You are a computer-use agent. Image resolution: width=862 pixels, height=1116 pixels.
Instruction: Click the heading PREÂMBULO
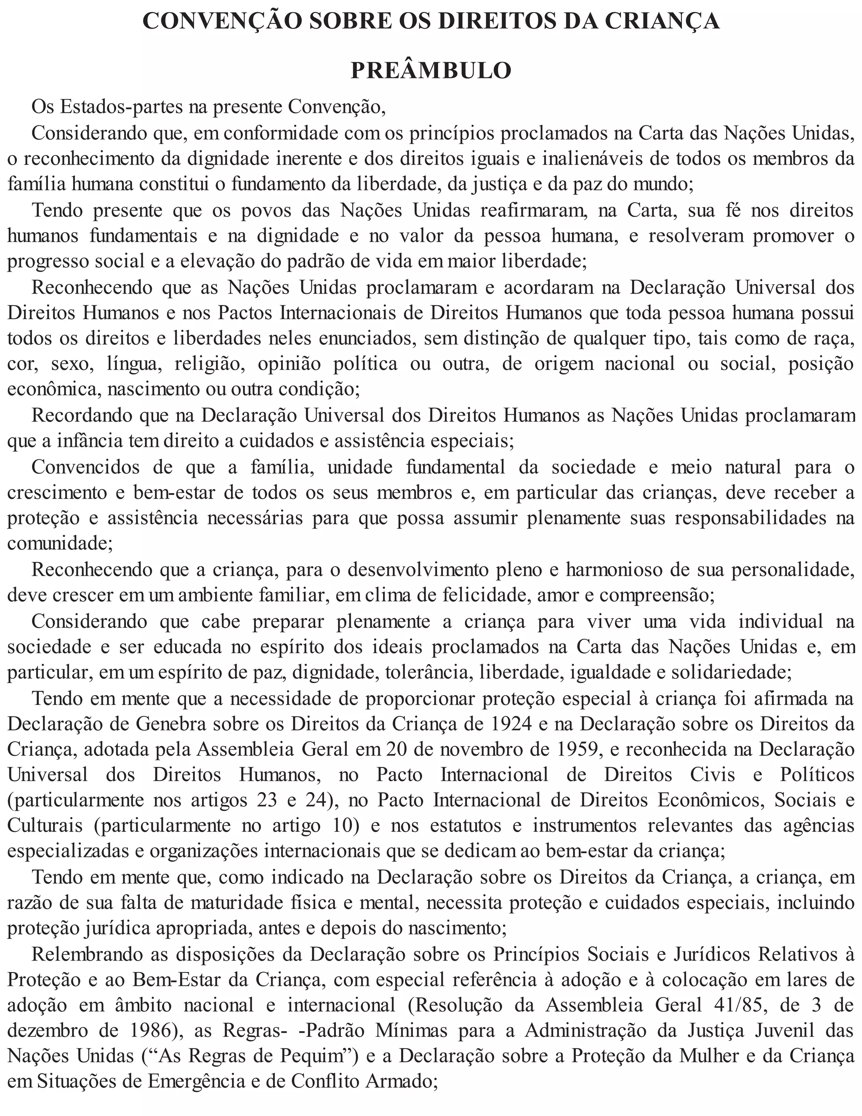point(431,70)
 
